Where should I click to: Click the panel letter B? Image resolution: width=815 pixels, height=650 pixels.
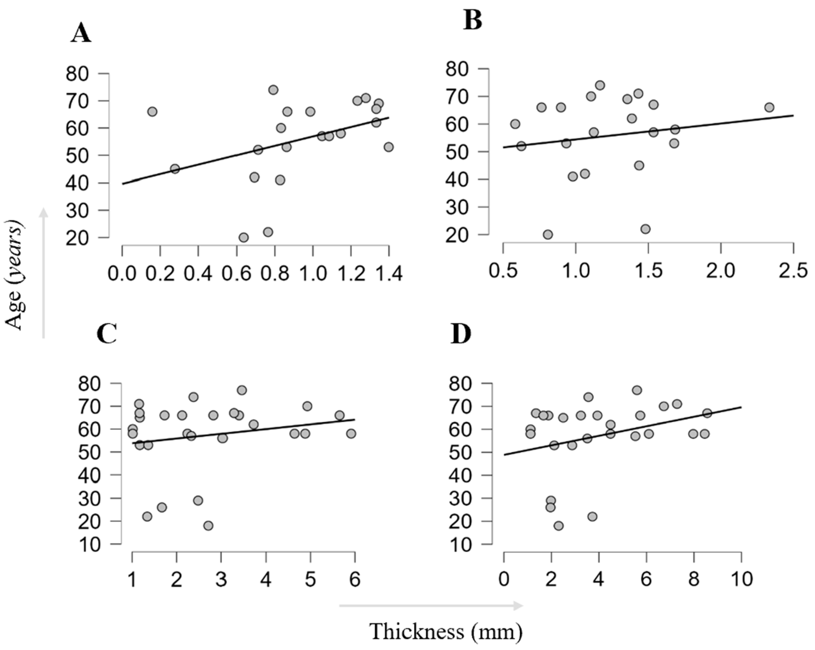(472, 20)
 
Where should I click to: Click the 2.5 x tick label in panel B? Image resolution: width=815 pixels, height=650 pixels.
(794, 271)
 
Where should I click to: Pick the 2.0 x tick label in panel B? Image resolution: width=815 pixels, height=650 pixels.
(721, 271)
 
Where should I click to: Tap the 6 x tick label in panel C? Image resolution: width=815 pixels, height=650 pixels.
(354, 579)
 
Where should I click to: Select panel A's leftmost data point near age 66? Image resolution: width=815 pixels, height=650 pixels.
(152, 111)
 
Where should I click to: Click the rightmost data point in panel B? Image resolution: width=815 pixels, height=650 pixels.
(769, 107)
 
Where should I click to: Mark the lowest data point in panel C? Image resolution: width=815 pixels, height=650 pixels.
(208, 526)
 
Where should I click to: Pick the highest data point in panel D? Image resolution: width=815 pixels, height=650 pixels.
(637, 390)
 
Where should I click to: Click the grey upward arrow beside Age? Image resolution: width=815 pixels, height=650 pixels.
(44, 273)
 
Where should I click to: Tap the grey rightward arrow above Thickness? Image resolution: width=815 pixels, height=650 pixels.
(431, 606)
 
